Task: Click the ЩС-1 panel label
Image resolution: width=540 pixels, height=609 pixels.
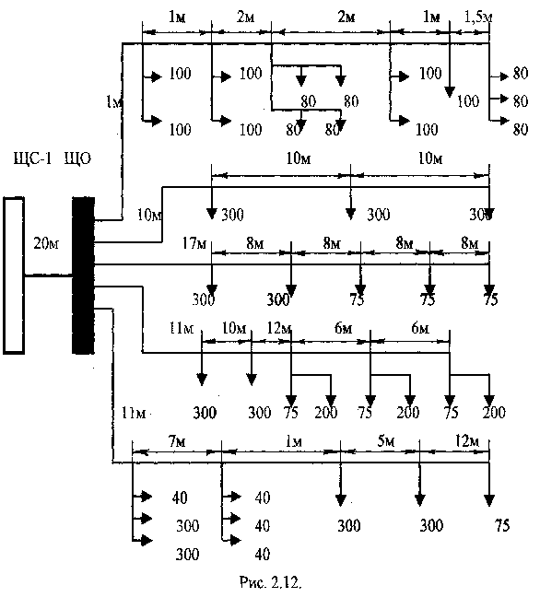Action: [32, 158]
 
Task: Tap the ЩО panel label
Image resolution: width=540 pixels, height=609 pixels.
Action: [77, 158]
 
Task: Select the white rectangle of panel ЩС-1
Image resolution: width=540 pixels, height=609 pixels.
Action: [14, 275]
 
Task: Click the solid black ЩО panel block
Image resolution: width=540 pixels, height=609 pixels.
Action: [84, 275]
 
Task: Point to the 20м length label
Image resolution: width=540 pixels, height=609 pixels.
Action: [46, 243]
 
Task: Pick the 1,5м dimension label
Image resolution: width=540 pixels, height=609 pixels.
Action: [478, 18]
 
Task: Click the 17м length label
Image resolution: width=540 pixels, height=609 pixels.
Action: [194, 243]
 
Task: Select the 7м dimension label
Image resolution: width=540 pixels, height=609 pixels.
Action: [177, 441]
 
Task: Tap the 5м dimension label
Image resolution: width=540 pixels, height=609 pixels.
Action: [386, 441]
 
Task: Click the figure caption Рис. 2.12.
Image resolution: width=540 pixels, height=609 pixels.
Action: [270, 582]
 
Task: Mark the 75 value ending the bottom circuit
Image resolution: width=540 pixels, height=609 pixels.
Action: [502, 525]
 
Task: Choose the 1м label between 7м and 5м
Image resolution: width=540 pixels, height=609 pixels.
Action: [294, 441]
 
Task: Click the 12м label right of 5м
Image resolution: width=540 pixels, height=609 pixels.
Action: [467, 441]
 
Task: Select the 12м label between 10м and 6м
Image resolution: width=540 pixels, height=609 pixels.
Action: [279, 329]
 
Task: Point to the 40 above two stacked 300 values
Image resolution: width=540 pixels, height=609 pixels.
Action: [180, 498]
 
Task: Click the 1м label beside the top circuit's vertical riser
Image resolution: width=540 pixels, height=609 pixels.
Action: [114, 102]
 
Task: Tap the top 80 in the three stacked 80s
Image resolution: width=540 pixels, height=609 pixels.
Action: [521, 74]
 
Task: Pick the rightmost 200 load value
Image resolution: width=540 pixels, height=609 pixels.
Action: [494, 412]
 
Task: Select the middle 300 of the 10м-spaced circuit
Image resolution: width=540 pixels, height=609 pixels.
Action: [379, 215]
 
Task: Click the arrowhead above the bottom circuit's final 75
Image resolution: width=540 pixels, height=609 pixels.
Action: [489, 501]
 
